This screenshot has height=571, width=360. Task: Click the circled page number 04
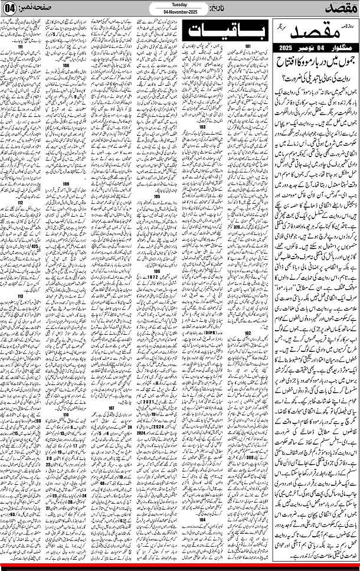[x=9, y=11]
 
